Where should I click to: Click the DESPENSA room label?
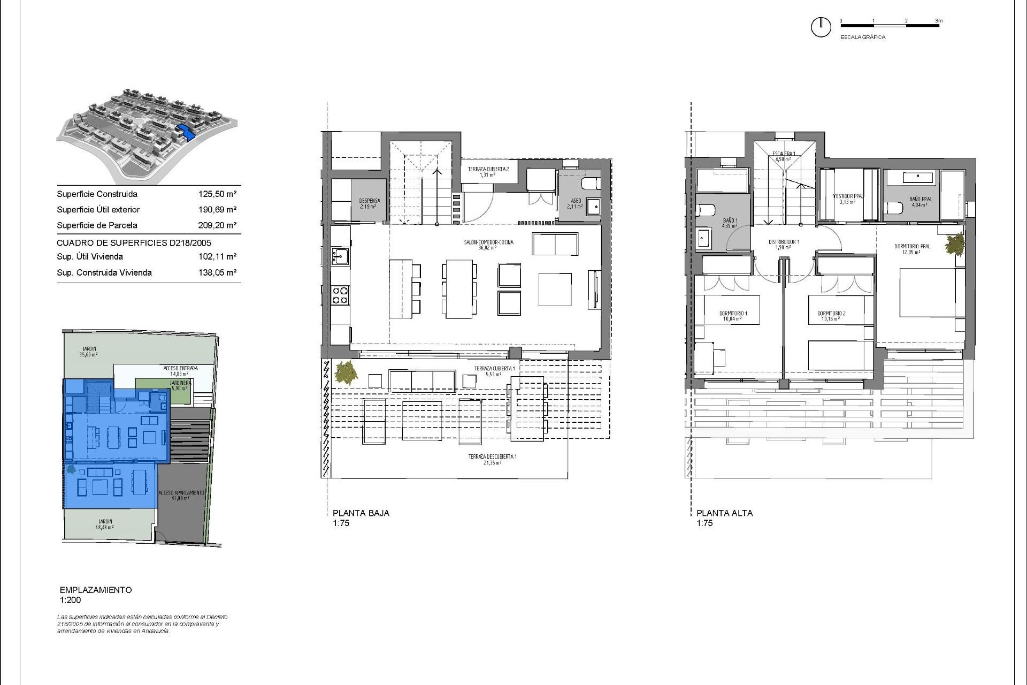pos(369,201)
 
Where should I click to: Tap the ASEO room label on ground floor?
pos(576,201)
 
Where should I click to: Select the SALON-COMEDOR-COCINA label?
pos(488,242)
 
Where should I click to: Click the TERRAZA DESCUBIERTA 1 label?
pos(492,456)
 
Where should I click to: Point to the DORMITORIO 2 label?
pos(831,314)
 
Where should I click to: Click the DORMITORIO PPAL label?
pos(913,247)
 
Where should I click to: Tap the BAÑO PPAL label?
pos(920,200)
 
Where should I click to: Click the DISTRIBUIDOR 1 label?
pos(784,242)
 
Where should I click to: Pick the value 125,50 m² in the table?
pos(217,194)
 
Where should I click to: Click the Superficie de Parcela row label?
pos(97,225)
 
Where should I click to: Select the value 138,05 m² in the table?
pos(217,272)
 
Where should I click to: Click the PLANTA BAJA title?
pos(361,513)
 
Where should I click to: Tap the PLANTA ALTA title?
pos(724,513)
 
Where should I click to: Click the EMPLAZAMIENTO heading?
pos(96,590)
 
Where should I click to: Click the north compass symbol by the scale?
pos(821,27)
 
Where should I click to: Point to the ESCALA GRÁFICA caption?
pos(863,37)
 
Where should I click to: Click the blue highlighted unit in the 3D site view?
pos(185,131)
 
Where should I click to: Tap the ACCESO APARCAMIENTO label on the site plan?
pos(181,493)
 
